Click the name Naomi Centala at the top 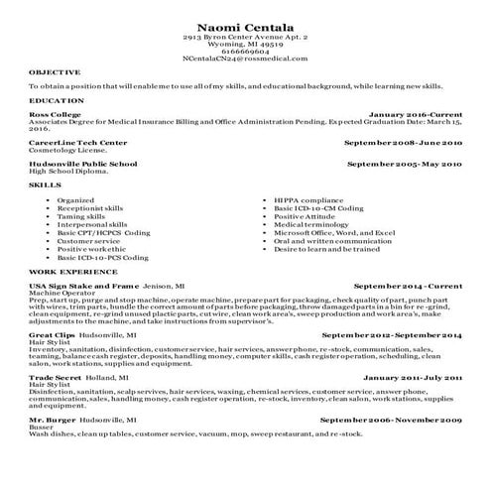pyautogui.click(x=246, y=23)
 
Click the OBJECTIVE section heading pyautogui.click(x=55, y=72)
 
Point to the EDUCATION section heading pyautogui.click(x=57, y=101)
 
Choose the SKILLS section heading pyautogui.click(x=46, y=185)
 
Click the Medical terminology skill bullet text pyautogui.click(x=316, y=224)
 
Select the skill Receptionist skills pyautogui.click(x=90, y=208)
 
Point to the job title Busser pyautogui.click(x=42, y=428)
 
